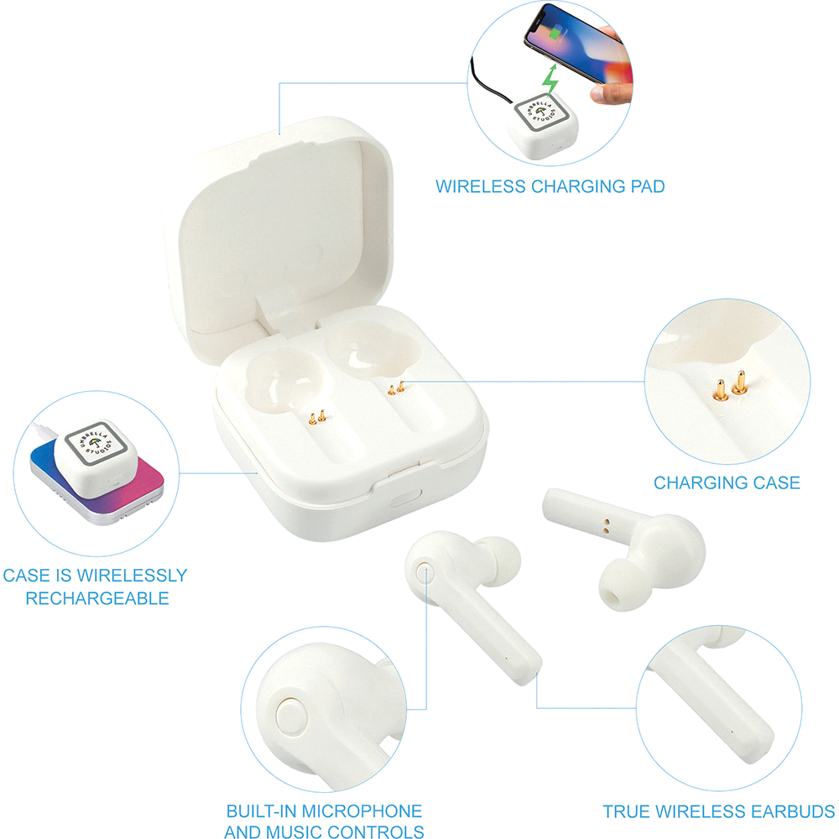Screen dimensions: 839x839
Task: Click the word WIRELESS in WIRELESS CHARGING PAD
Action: click(x=481, y=186)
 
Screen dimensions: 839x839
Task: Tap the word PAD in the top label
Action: click(x=648, y=186)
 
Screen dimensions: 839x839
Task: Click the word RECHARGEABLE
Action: click(x=97, y=598)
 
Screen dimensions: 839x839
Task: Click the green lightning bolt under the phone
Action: click(x=550, y=79)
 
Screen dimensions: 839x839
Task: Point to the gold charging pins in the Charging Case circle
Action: click(x=731, y=385)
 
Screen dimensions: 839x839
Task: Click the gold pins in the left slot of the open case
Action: click(x=317, y=417)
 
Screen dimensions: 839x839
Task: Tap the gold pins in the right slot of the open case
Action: click(x=396, y=388)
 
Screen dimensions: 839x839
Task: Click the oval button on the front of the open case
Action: click(x=405, y=498)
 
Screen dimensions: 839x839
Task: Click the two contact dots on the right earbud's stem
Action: click(x=606, y=526)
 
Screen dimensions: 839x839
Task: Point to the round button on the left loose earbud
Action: click(x=425, y=571)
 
